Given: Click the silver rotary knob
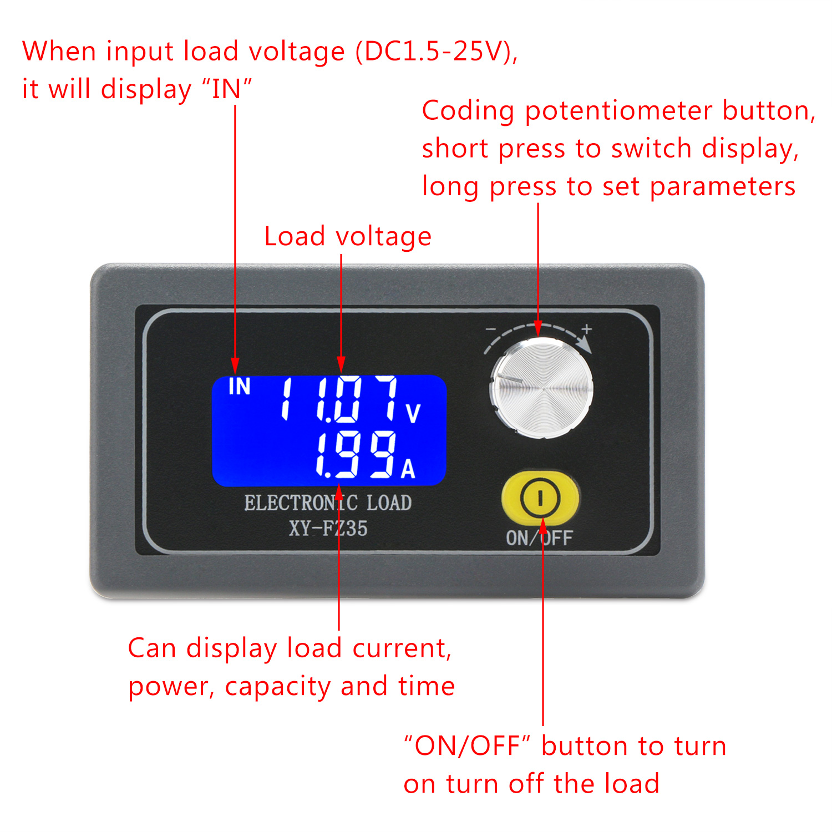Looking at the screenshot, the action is click(x=541, y=388).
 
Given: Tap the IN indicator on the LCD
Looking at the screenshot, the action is click(x=240, y=387).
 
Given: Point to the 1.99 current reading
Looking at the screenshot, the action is click(x=356, y=454).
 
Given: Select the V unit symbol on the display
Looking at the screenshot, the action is click(x=413, y=414).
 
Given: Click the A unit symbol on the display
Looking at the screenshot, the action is click(x=408, y=469).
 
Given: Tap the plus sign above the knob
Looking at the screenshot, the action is click(x=587, y=329).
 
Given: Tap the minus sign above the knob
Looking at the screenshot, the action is click(x=491, y=329).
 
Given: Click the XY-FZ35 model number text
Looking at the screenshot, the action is click(x=328, y=528).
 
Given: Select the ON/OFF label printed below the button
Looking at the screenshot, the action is click(x=539, y=538).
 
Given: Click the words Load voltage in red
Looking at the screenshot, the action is click(x=348, y=237).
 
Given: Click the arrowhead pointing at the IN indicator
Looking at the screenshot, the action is click(x=235, y=366).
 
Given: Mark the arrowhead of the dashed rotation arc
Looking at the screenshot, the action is click(x=584, y=344).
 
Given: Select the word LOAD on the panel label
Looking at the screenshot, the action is click(x=389, y=503).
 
